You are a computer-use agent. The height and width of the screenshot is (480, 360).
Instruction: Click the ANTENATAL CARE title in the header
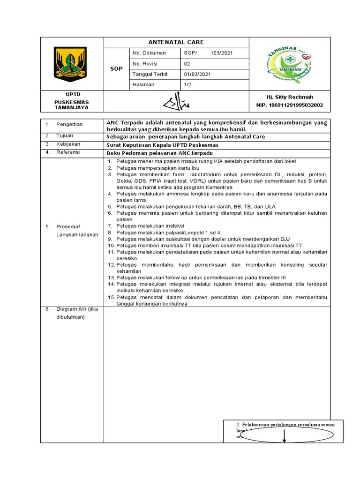point(176,42)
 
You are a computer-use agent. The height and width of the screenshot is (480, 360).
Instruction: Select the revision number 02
point(187,64)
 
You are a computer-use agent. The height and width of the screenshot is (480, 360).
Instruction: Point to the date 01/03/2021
point(197,74)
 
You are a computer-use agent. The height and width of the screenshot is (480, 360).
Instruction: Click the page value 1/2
point(187,85)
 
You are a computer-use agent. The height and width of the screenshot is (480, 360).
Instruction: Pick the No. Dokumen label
point(146,53)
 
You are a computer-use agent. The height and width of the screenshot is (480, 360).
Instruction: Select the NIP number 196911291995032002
point(290,105)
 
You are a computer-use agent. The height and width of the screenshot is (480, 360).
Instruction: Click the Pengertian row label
point(69,124)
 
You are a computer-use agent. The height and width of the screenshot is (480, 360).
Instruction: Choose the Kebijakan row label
point(68,144)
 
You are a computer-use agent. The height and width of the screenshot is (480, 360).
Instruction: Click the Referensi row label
point(68,152)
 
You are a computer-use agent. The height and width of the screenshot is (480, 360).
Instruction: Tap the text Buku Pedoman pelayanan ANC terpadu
point(160,153)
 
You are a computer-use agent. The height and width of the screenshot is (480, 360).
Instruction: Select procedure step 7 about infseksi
point(149,226)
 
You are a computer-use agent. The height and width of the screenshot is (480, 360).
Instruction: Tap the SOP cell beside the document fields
point(116,68)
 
